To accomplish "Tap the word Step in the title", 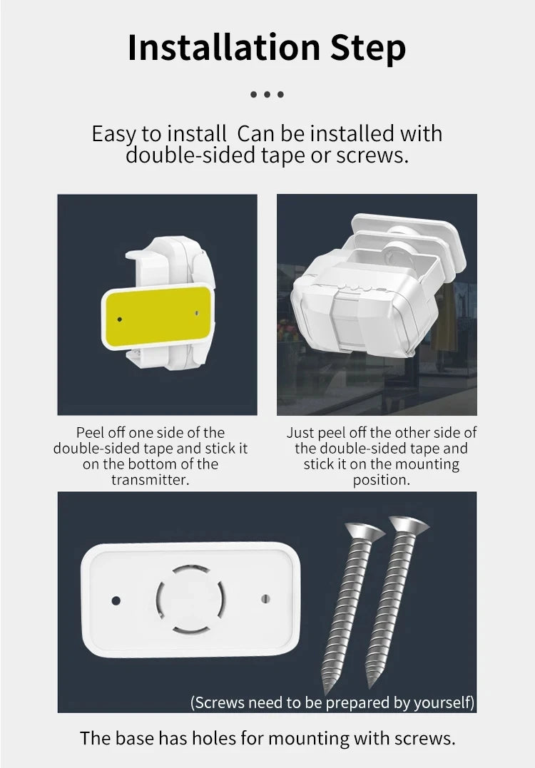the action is (x=368, y=49).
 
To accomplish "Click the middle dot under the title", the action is (x=267, y=94).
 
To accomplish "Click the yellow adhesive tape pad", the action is (x=158, y=316).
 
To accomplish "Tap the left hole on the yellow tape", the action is (x=120, y=319).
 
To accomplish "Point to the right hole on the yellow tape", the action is (x=197, y=312).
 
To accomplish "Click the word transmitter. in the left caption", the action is (x=150, y=479).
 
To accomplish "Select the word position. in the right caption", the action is (x=381, y=480).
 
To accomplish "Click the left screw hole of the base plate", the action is (x=116, y=600).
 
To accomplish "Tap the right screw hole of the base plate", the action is (x=265, y=599).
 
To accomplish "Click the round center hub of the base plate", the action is (x=190, y=600).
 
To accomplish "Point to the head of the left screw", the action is (x=365, y=531).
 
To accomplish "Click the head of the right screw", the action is (x=409, y=525).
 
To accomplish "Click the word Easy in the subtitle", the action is (x=114, y=134).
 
